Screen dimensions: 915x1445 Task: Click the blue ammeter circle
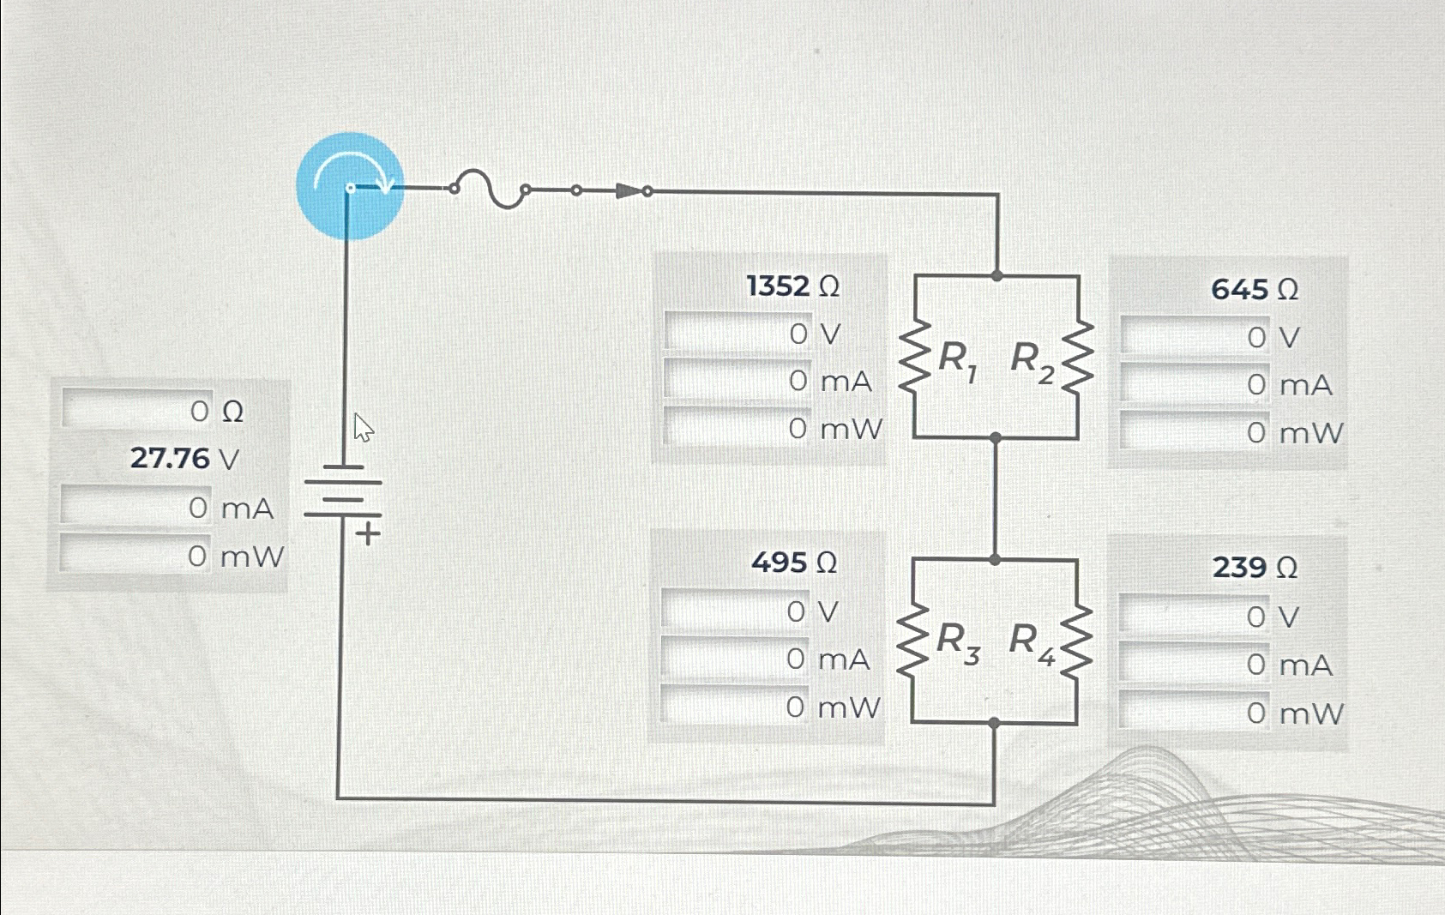click(350, 186)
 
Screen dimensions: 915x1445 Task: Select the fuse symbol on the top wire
click(489, 189)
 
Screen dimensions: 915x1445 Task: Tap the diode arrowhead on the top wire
click(629, 190)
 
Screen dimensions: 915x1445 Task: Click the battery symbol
click(343, 492)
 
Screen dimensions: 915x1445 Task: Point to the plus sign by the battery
click(368, 534)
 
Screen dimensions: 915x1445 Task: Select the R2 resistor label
click(1032, 360)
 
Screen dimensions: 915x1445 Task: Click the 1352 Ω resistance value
click(792, 286)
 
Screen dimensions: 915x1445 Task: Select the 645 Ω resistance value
click(1254, 290)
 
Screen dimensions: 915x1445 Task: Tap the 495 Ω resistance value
click(793, 563)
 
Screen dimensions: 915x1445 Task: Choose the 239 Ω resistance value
click(1254, 567)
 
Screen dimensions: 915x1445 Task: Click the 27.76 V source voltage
click(184, 459)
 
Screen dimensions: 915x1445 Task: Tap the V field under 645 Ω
click(1195, 337)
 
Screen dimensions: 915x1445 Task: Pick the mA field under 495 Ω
click(735, 659)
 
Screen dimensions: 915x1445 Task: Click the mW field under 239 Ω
click(1195, 713)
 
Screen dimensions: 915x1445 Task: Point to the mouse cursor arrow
click(363, 426)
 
